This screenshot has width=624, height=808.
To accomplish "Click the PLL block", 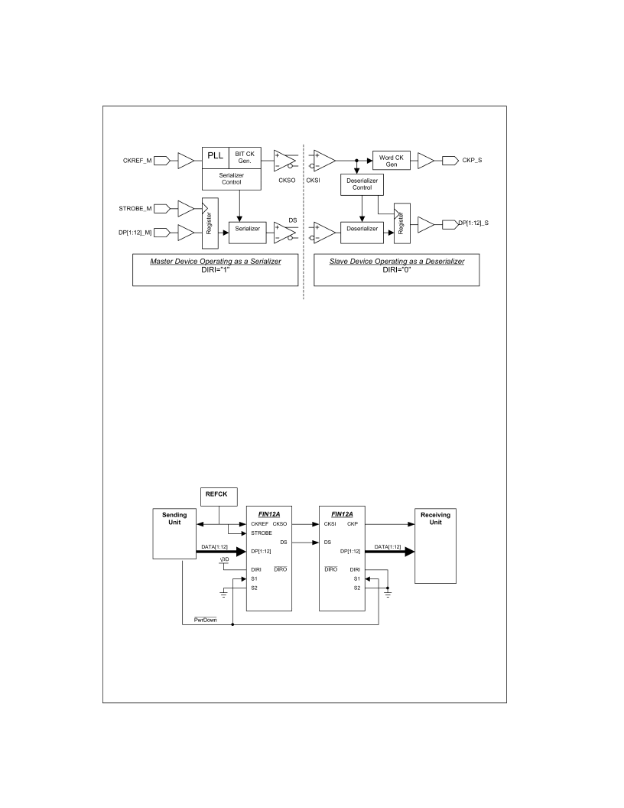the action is (215, 158).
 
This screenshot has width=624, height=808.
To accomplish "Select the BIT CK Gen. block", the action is (245, 158).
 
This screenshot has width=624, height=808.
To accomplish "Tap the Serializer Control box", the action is (232, 179).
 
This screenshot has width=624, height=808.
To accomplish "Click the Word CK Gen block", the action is (392, 161).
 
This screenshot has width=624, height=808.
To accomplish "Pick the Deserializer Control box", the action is (362, 184).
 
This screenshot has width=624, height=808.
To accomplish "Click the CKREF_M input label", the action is (138, 161).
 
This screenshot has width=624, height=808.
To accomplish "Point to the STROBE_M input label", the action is (135, 209).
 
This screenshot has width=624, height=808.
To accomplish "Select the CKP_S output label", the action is (472, 160).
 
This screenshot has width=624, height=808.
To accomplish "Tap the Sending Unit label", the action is (174, 519).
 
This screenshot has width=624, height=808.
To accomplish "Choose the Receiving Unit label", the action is (436, 519).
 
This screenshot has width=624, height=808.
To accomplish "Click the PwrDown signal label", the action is (206, 620).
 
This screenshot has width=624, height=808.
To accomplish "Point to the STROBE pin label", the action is (262, 533).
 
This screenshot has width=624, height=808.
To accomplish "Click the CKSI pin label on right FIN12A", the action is (330, 524).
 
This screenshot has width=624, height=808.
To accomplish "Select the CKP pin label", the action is (353, 524).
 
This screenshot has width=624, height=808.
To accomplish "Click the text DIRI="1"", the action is (215, 269).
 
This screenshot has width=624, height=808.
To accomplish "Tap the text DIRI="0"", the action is (396, 269).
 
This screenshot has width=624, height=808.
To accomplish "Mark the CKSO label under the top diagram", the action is (288, 181).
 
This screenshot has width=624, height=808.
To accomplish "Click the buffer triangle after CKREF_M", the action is (186, 161).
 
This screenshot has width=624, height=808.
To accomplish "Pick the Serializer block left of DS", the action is (248, 232).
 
